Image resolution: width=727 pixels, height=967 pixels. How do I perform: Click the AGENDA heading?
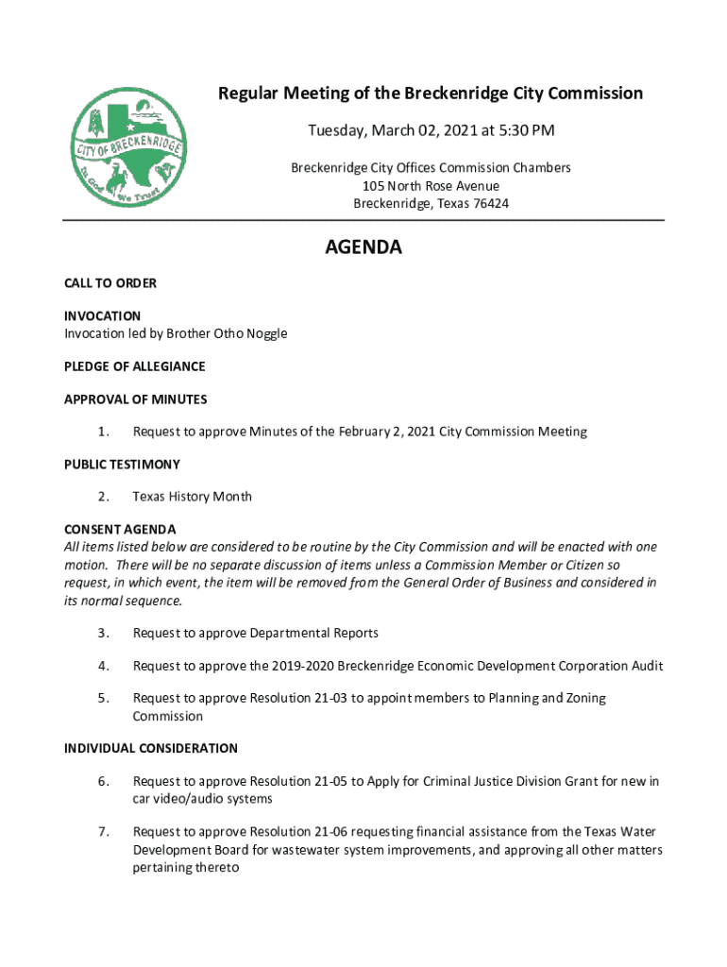point(363,247)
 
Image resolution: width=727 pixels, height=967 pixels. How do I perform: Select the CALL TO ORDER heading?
point(110,283)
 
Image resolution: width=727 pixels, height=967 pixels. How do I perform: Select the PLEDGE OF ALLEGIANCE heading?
point(135,366)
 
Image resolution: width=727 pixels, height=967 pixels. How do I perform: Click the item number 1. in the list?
point(103,432)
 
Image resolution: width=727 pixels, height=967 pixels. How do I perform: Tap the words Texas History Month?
point(192,497)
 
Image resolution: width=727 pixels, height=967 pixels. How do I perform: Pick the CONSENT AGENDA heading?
point(120,529)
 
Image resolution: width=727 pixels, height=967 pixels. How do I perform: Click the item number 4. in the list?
point(103,666)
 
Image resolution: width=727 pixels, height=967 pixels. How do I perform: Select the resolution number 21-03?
point(330,698)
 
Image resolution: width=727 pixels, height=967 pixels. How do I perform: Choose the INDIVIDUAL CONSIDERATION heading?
point(151,749)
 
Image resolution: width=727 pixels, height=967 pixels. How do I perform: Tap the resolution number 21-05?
point(330,781)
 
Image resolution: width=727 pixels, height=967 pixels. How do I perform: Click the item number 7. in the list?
point(103,832)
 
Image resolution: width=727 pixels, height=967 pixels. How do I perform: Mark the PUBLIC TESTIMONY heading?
point(122,465)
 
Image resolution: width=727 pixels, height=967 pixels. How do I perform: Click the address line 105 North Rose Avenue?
point(431,185)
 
